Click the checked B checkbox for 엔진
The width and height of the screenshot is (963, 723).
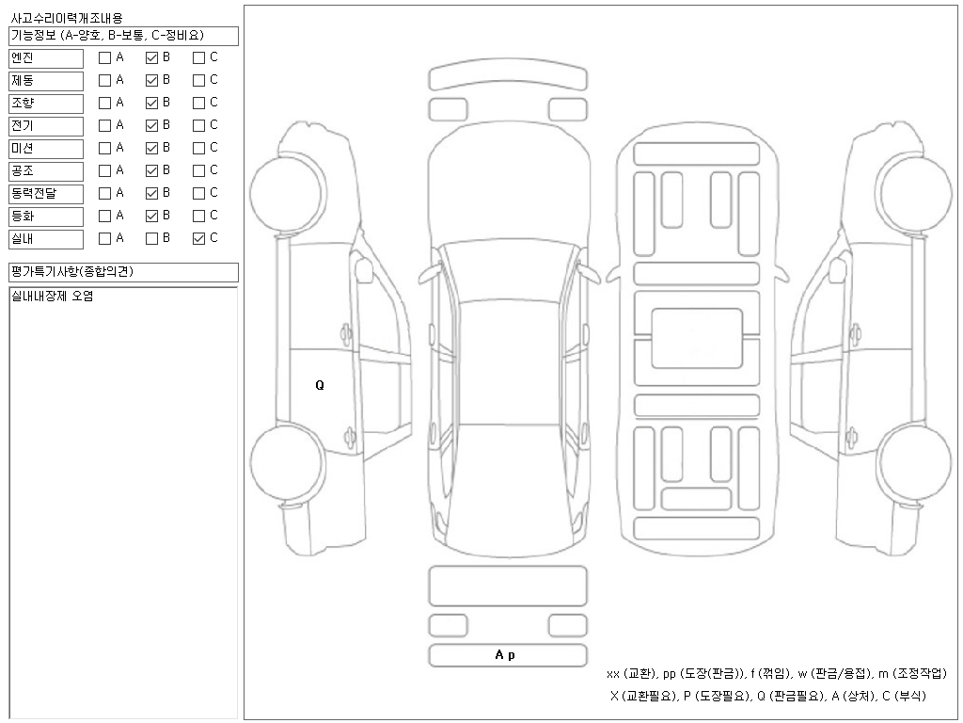click(x=151, y=57)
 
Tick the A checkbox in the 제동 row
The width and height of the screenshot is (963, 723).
click(x=105, y=81)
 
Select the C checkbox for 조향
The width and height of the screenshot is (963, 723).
click(x=198, y=104)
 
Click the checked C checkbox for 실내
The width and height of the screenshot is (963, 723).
click(x=198, y=238)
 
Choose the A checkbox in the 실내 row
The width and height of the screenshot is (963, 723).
click(x=105, y=238)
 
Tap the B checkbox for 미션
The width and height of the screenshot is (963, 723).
click(x=151, y=148)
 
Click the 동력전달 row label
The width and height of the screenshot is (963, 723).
click(x=46, y=194)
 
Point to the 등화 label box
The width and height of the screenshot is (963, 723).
click(x=46, y=217)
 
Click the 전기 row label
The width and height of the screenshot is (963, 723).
click(x=46, y=126)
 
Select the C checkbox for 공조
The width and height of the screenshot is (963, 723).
click(x=198, y=171)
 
